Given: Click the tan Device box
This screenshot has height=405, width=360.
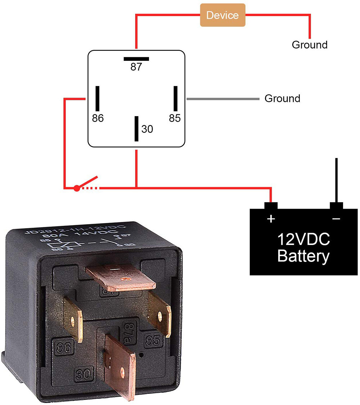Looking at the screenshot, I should point(222,15).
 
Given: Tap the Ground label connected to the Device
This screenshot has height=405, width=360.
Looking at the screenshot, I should point(310,45).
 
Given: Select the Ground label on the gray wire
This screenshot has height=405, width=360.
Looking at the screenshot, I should point(282,98).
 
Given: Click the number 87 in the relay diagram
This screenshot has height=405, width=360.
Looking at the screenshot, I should point(136,67).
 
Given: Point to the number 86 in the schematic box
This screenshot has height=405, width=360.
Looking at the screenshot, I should point(98,118).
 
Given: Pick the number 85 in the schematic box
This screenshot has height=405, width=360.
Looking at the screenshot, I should point(175,118).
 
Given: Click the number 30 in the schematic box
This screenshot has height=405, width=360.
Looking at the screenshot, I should point(147,129).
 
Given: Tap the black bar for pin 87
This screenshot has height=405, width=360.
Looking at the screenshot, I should point(136,59).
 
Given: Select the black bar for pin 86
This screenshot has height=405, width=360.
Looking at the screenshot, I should point(97,99).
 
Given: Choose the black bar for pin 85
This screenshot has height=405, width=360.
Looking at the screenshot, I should point(176,99).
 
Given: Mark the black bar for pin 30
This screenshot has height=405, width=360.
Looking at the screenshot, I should point(136,128).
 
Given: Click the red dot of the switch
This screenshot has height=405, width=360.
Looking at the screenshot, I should point(76,188).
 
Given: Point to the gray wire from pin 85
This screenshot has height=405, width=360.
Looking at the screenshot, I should point(223,99).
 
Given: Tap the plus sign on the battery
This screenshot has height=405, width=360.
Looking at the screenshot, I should point(271,219).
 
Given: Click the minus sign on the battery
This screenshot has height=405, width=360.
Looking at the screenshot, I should point(336,219).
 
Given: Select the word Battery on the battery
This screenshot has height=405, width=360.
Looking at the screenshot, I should point(303,256).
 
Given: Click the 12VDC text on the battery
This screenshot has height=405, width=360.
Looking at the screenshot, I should point(303,239).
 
